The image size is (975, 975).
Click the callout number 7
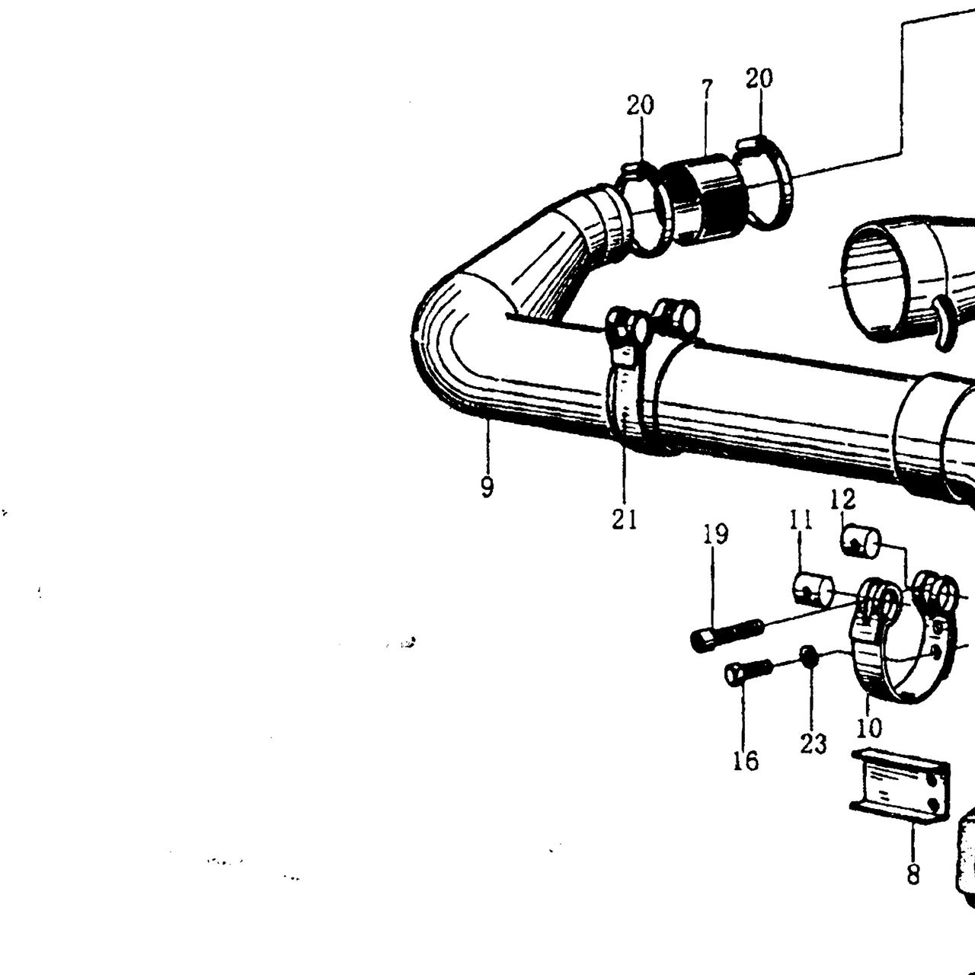pos(707,91)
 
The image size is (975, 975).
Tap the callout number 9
pos(486,487)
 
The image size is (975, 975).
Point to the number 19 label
pos(715,535)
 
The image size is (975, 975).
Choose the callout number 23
pos(814,743)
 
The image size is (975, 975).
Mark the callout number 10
pos(870,727)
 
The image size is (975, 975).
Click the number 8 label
pos(913,873)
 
